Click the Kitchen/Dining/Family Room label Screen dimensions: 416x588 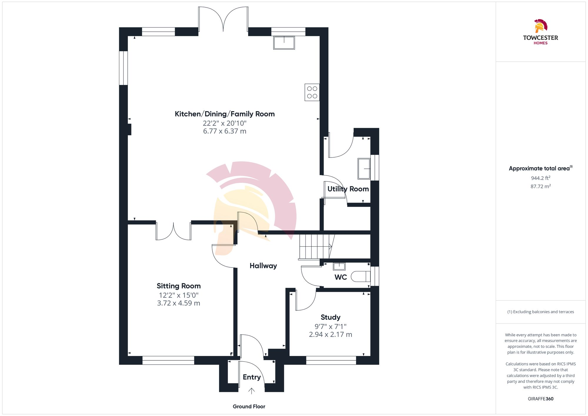coord(225,114)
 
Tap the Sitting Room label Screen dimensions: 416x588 coord(178,286)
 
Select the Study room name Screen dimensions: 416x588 coord(330,318)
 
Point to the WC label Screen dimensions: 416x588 coord(340,277)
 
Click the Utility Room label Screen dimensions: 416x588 coord(348,189)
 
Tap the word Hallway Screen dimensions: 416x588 coord(263,266)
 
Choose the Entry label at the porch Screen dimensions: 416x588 coord(252,377)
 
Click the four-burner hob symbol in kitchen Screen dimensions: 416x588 coord(312,92)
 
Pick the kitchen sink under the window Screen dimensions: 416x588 coord(284,43)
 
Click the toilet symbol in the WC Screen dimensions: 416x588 coord(361,277)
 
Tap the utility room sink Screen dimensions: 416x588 coord(364,169)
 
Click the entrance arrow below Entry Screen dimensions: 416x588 coord(251,391)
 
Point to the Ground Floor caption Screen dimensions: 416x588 coord(249,407)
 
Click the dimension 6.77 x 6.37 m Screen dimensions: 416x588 coord(225,131)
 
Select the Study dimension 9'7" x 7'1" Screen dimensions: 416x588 coord(330,327)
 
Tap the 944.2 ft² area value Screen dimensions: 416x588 coord(540,178)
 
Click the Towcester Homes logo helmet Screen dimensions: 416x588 coord(540,26)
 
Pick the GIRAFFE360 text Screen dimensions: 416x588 coord(540,399)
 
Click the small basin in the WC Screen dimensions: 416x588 coord(339,266)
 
